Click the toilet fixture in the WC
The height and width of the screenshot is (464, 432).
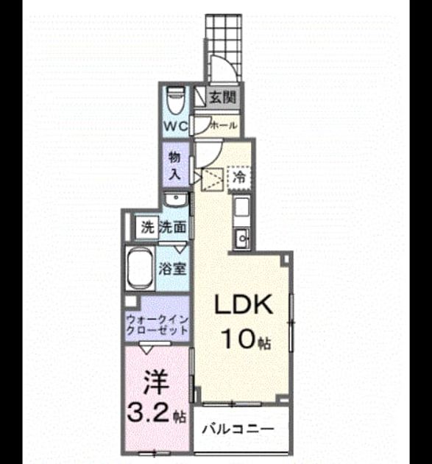tap(176, 100)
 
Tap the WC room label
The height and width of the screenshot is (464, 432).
tap(176, 127)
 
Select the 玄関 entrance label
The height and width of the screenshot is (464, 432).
tap(222, 96)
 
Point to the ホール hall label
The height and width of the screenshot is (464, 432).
tap(224, 125)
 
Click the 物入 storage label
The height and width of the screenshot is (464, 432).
tap(174, 166)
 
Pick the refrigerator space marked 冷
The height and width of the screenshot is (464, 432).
tap(239, 177)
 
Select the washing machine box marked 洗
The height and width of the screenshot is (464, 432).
tap(147, 228)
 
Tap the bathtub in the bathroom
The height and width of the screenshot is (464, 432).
tap(140, 268)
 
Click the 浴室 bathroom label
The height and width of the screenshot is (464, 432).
tap(172, 269)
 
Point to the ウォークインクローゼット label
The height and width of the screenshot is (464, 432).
tap(157, 325)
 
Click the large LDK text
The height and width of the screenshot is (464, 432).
tap(243, 304)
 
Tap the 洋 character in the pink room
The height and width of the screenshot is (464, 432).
tap(156, 383)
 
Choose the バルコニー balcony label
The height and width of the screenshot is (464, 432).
tap(238, 429)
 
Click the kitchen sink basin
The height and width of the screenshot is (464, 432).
tap(242, 238)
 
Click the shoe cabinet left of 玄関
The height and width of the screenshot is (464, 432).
tap(200, 96)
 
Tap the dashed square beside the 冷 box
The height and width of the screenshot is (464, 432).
tap(212, 179)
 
